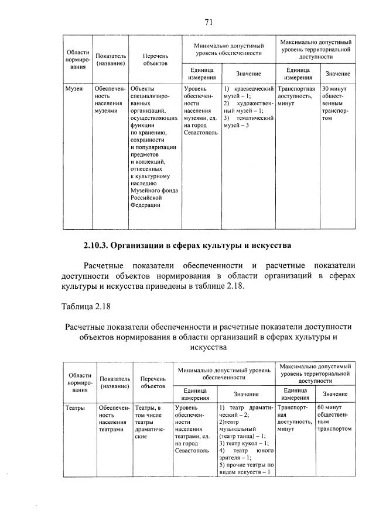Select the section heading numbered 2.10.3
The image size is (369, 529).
pos(187,244)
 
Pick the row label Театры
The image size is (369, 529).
pos(75,407)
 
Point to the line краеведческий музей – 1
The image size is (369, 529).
pos(248,92)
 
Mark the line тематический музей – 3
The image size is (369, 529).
pos(248,122)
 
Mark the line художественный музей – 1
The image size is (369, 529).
pos(248,106)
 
